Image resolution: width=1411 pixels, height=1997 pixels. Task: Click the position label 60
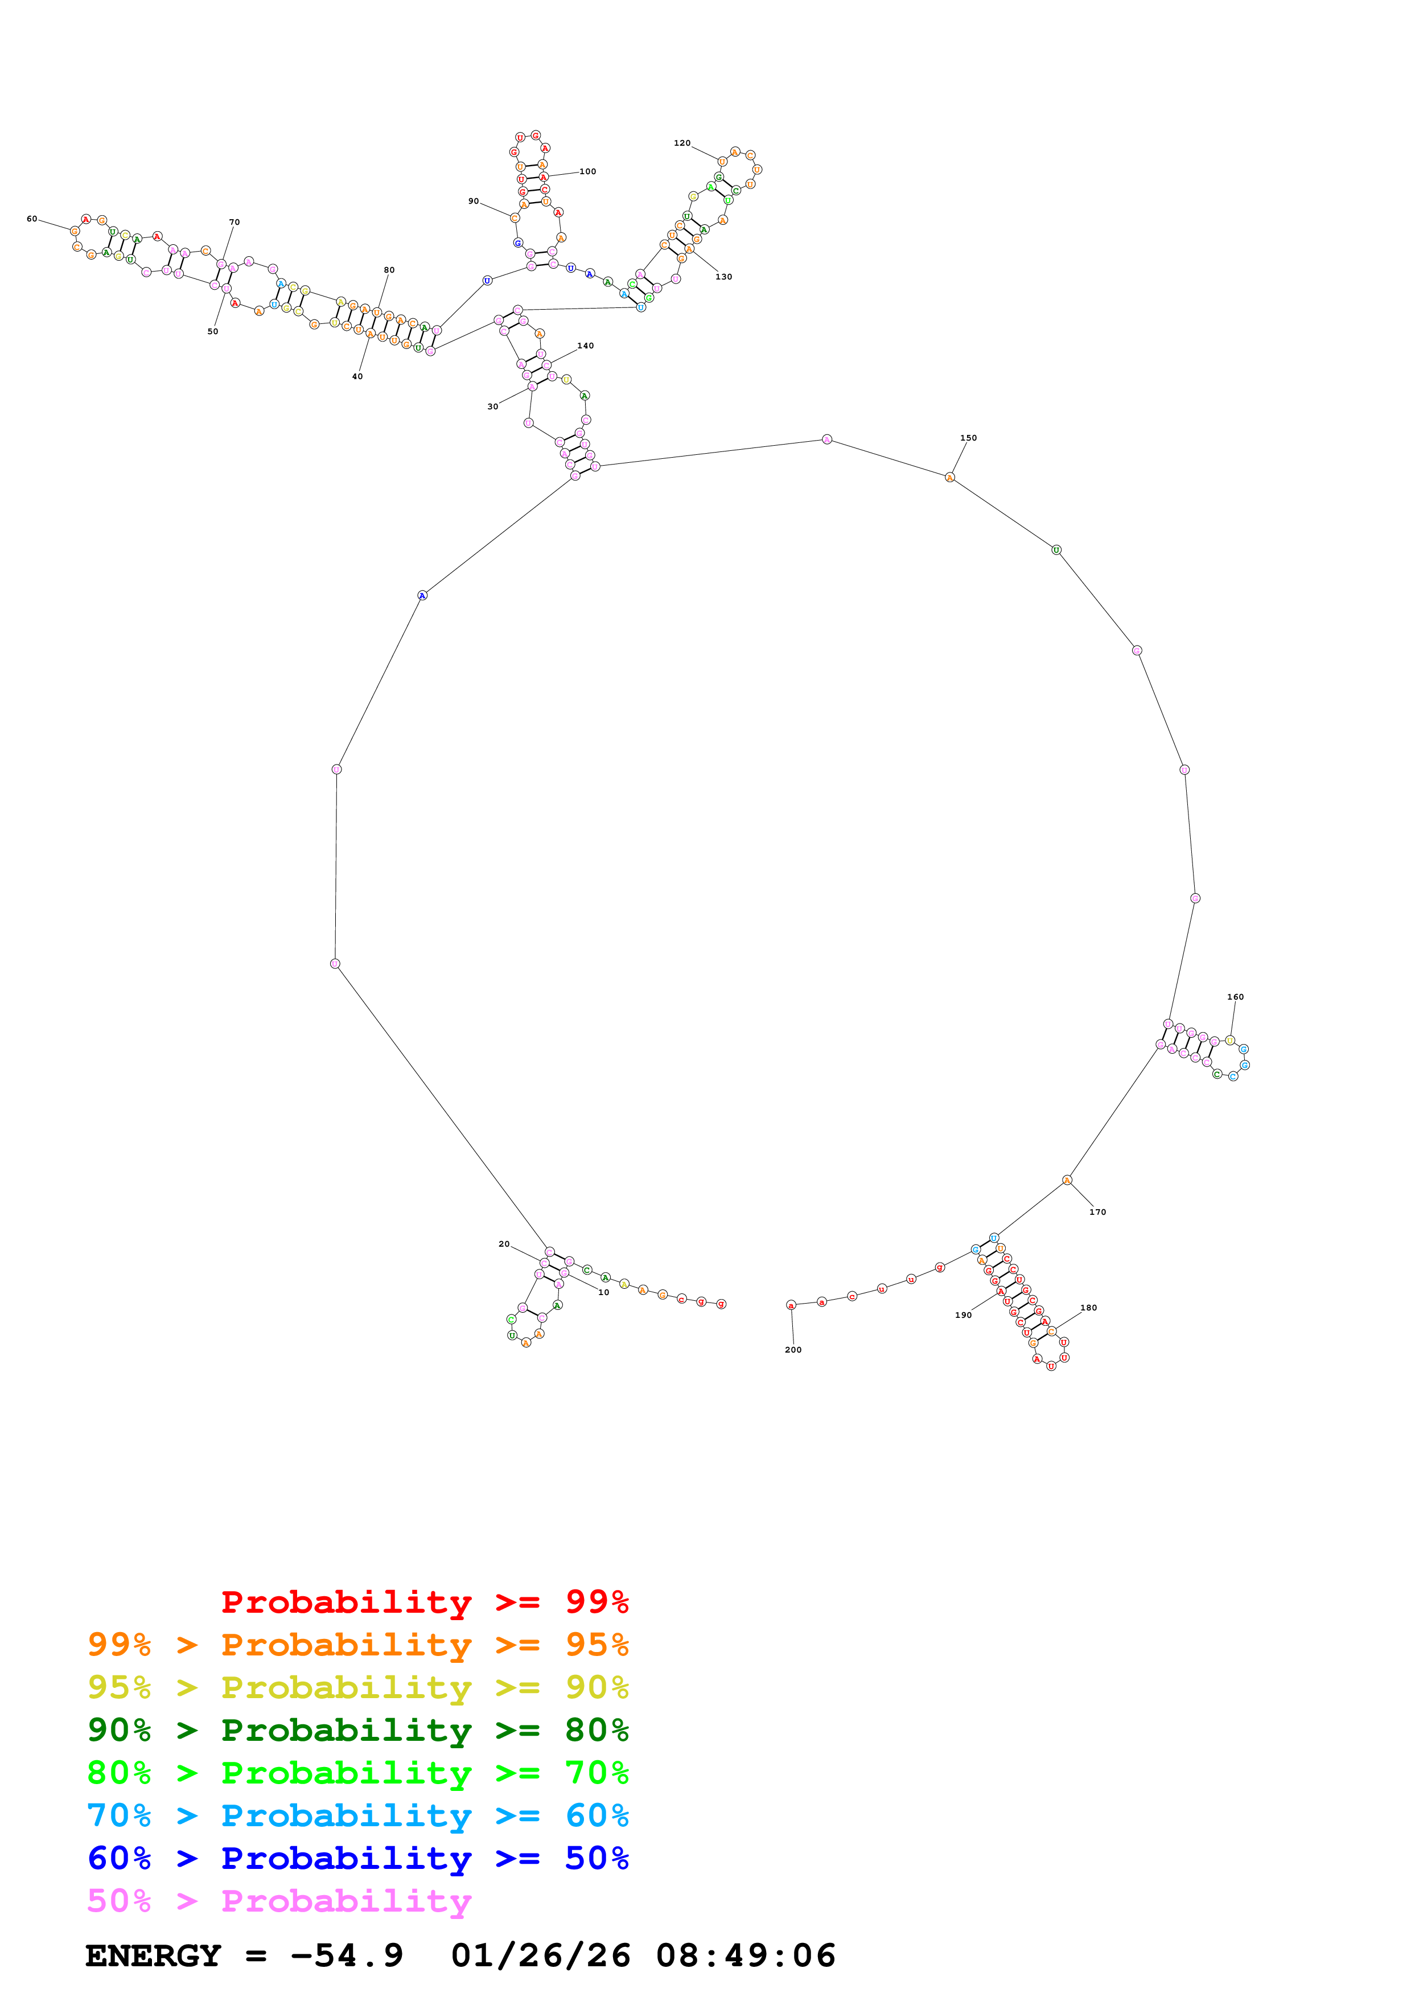[x=32, y=219]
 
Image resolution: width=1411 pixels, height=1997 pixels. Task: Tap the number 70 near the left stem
[x=234, y=223]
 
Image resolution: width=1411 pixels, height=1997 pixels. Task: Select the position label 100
[x=588, y=171]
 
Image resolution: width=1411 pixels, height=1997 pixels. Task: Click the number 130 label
[x=723, y=277]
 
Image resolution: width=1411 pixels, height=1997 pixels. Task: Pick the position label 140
[x=585, y=346]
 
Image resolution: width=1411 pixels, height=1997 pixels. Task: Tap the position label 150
[x=968, y=438]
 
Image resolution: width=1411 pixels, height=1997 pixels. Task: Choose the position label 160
[x=1235, y=997]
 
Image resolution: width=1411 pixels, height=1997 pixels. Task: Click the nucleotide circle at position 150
[x=949, y=478]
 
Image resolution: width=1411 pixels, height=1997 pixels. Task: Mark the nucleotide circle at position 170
[x=1067, y=1180]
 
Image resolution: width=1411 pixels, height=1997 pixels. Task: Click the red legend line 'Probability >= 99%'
[x=424, y=1602]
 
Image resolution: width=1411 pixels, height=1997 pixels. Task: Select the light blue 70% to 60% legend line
[x=357, y=1816]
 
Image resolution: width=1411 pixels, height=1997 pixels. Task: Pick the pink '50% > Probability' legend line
[x=279, y=1901]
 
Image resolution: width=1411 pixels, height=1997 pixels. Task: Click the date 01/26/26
[x=540, y=1956]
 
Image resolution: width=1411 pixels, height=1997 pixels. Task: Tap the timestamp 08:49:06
[x=745, y=1956]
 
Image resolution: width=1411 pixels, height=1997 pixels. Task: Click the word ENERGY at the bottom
[x=153, y=1956]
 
